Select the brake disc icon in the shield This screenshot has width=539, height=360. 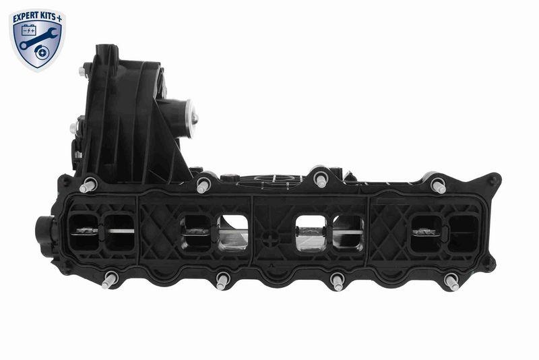click(47, 49)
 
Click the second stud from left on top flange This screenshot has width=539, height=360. click(203, 184)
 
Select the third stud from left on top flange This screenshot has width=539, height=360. click(321, 179)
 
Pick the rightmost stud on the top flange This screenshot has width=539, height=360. click(439, 185)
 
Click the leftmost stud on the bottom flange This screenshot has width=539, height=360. click(108, 280)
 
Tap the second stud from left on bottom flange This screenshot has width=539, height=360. click(222, 280)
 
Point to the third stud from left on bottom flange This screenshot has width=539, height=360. click(337, 280)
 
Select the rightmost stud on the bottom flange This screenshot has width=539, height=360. click(451, 281)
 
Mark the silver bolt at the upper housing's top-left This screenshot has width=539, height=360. click(82, 71)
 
